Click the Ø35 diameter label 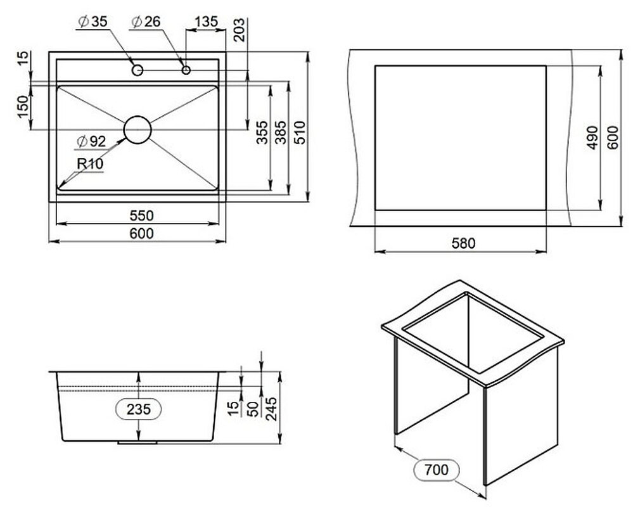click(93, 22)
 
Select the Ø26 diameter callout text click(146, 22)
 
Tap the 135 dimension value click(207, 22)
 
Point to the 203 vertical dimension click(240, 29)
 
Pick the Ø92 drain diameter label click(91, 141)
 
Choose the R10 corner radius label click(91, 164)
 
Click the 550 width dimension click(142, 215)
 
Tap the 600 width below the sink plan click(142, 233)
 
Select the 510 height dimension click(300, 132)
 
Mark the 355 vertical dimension click(262, 132)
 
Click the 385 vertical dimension click(281, 132)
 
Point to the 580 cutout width click(463, 243)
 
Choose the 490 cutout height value click(592, 138)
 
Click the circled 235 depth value click(139, 409)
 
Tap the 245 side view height click(271, 409)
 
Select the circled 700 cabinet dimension click(437, 470)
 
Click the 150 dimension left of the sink click(23, 106)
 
